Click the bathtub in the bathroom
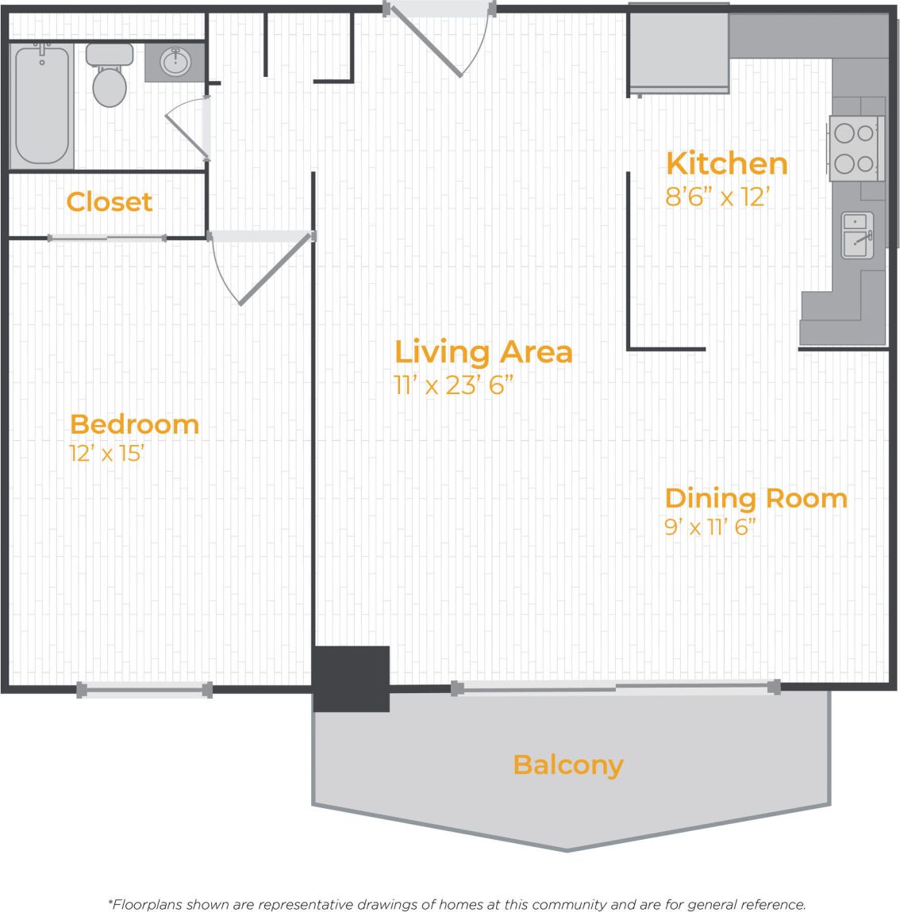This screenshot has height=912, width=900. tap(41, 105)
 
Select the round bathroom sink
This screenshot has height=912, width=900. tap(175, 62)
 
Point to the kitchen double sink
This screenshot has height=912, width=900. tap(857, 235)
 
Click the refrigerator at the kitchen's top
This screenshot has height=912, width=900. tap(679, 49)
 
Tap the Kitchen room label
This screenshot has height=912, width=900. tap(726, 163)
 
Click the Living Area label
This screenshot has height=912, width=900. tap(483, 351)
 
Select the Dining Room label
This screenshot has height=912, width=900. tap(756, 498)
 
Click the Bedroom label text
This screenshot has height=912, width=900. tap(134, 424)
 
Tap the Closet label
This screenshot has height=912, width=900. tap(109, 201)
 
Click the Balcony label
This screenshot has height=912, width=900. tap(568, 764)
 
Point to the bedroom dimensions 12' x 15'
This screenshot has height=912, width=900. tap(106, 454)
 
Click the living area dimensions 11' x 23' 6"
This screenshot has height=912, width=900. tap(454, 385)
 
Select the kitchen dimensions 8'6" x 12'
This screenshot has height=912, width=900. tap(717, 196)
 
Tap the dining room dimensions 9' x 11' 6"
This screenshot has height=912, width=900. tap(710, 527)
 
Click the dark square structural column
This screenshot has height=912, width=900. tap(351, 679)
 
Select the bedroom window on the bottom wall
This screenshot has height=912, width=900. tap(144, 690)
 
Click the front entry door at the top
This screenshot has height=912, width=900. tap(440, 32)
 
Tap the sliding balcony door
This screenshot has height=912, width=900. tap(616, 688)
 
